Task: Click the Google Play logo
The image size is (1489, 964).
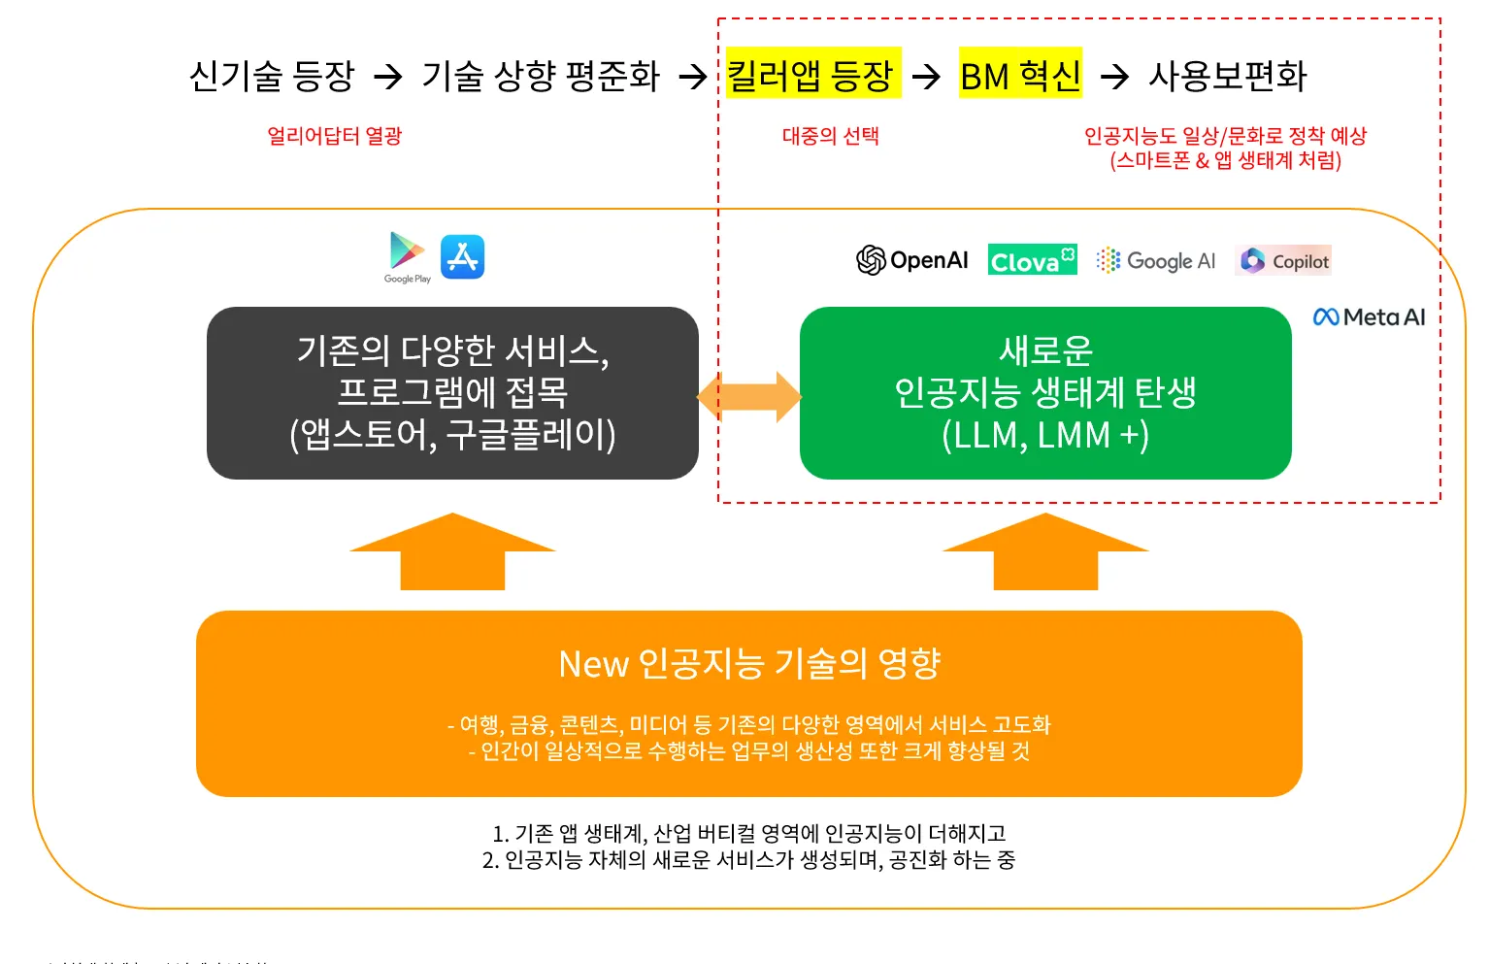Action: [x=408, y=255]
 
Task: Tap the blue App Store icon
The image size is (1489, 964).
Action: [x=462, y=256]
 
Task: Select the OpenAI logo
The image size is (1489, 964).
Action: [x=912, y=260]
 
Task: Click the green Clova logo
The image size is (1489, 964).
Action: [x=1032, y=260]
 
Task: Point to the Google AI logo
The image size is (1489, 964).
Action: [x=1155, y=260]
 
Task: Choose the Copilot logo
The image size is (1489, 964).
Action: [x=1283, y=260]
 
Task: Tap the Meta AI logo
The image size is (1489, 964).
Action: [x=1369, y=316]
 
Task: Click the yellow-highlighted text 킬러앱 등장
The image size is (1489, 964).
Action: [x=812, y=75]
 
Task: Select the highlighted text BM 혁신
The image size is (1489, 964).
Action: [x=1020, y=75]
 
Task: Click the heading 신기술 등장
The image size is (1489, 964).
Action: [x=272, y=75]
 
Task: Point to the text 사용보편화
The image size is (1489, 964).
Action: [x=1228, y=75]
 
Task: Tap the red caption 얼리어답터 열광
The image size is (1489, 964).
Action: [x=334, y=136]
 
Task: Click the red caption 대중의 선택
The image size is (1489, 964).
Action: [x=830, y=136]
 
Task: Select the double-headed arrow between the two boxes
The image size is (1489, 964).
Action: [x=749, y=396]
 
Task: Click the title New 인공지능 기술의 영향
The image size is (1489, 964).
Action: [x=749, y=663]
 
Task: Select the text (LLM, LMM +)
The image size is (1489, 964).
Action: [x=1045, y=435]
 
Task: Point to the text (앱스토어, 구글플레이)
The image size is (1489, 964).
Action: [x=452, y=435]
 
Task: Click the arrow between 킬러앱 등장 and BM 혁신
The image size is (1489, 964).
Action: [x=927, y=76]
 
